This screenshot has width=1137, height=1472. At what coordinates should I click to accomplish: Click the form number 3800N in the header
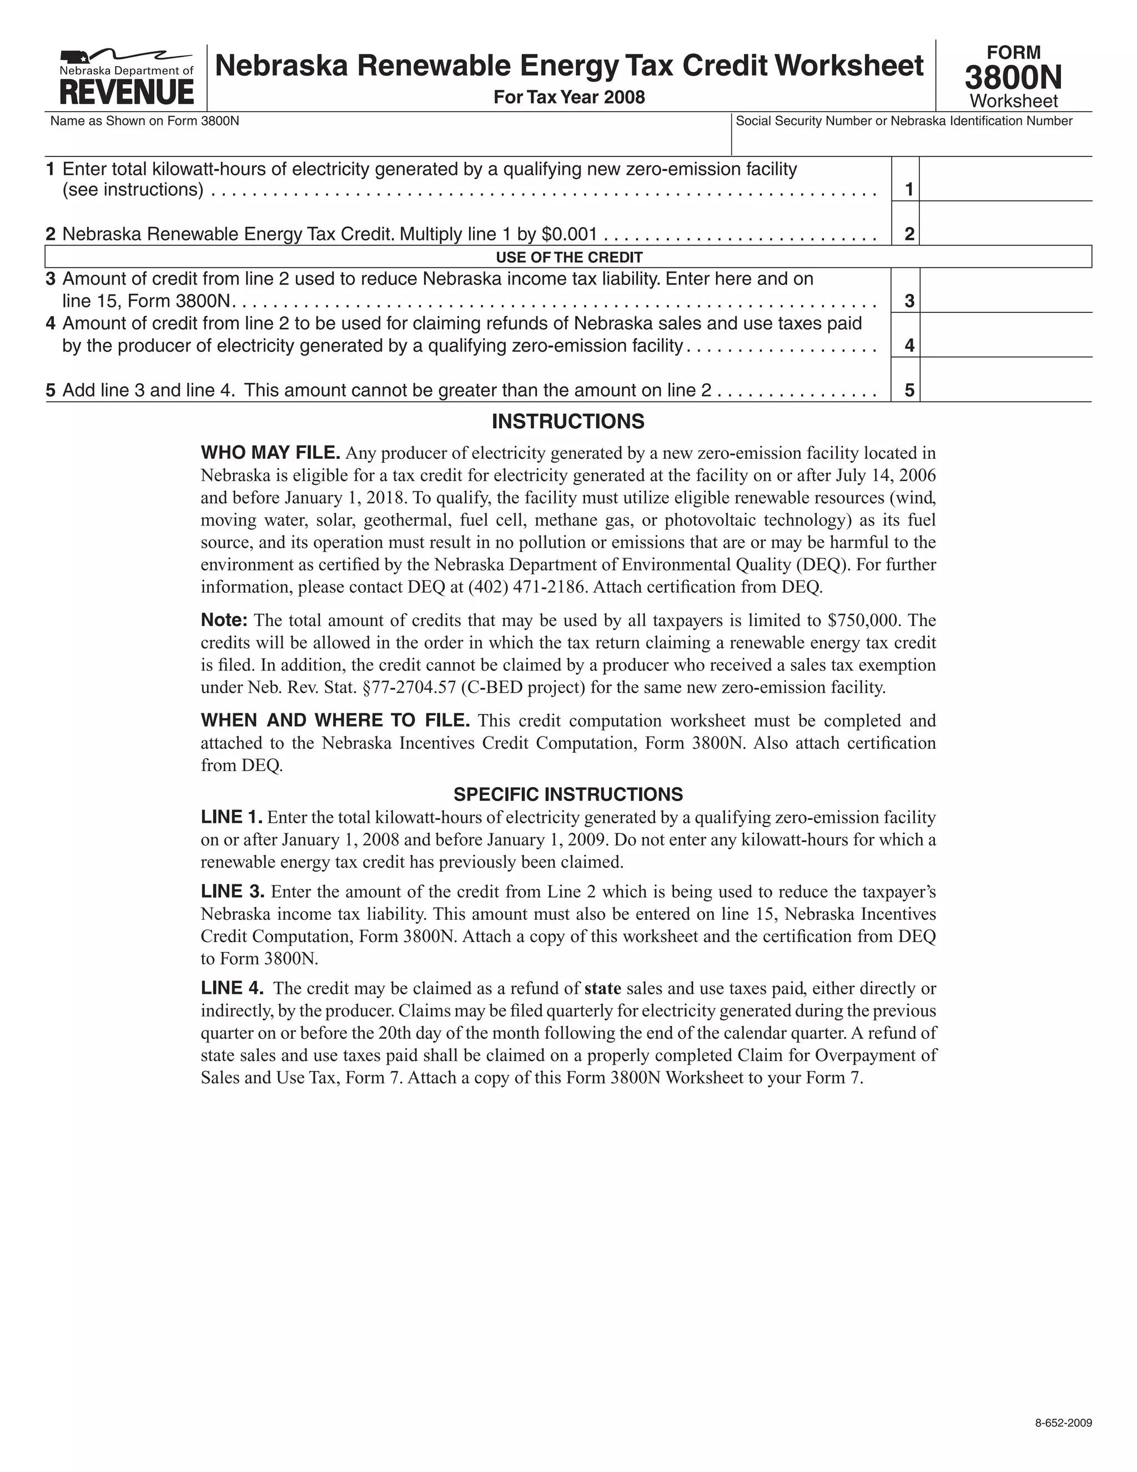pyautogui.click(x=1013, y=78)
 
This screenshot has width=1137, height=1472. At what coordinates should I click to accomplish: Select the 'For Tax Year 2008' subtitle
pyautogui.click(x=569, y=98)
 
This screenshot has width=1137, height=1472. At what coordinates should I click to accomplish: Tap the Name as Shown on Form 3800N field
pyautogui.click(x=388, y=140)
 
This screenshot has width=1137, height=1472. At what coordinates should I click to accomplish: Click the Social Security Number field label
pyautogui.click(x=904, y=121)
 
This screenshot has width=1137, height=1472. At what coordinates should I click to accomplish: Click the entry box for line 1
pyautogui.click(x=1005, y=179)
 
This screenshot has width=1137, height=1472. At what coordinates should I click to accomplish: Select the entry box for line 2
pyautogui.click(x=1005, y=224)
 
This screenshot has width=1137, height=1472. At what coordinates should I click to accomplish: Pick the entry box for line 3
pyautogui.click(x=1005, y=291)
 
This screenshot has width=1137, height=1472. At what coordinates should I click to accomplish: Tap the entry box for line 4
pyautogui.click(x=1005, y=335)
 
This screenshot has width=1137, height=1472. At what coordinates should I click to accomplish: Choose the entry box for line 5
pyautogui.click(x=1005, y=380)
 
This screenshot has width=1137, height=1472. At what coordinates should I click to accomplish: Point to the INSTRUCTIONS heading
pyautogui.click(x=568, y=422)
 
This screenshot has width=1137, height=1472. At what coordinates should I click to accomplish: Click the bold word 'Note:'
pyautogui.click(x=224, y=620)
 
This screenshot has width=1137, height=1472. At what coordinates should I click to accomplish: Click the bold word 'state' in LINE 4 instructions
pyautogui.click(x=602, y=989)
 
